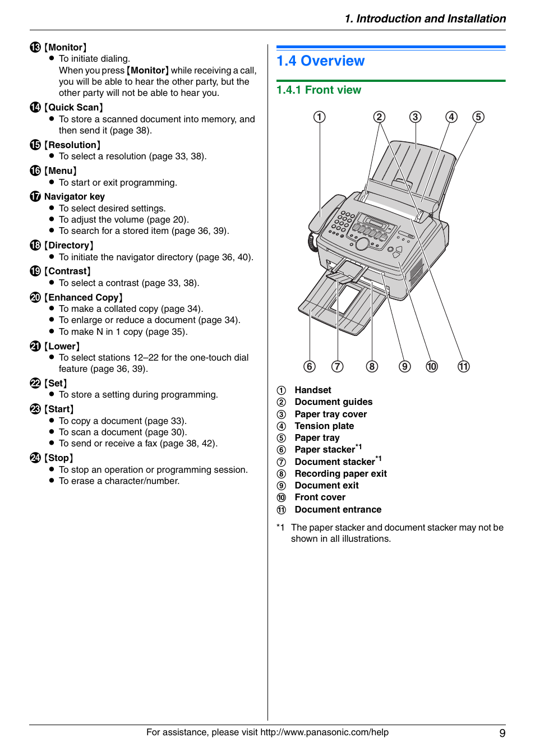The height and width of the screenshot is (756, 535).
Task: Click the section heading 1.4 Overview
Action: [320, 61]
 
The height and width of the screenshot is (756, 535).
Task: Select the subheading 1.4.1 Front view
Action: [319, 90]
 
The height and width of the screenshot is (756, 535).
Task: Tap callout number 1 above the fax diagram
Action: [319, 117]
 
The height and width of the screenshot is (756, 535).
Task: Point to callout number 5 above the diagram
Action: [478, 117]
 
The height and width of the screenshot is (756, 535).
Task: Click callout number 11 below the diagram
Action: [463, 366]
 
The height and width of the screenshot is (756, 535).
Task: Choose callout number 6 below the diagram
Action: [310, 366]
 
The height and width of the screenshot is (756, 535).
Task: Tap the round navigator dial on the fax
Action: [362, 243]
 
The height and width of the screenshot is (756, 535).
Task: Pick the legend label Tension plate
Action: [324, 426]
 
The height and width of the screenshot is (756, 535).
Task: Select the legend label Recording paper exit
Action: [340, 474]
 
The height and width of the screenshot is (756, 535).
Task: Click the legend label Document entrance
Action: [338, 510]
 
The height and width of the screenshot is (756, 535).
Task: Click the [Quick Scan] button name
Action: [73, 108]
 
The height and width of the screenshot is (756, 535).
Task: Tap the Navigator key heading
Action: [74, 197]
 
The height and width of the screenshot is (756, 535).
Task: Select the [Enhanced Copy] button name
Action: [84, 298]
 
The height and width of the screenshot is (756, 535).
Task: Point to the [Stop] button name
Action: [59, 458]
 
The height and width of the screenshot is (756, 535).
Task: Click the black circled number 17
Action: [35, 196]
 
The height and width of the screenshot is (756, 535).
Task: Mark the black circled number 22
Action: [35, 383]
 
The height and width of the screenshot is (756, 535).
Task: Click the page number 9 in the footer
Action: [502, 733]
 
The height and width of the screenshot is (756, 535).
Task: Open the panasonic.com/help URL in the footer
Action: [324, 732]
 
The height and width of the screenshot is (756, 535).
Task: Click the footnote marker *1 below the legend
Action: [280, 528]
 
